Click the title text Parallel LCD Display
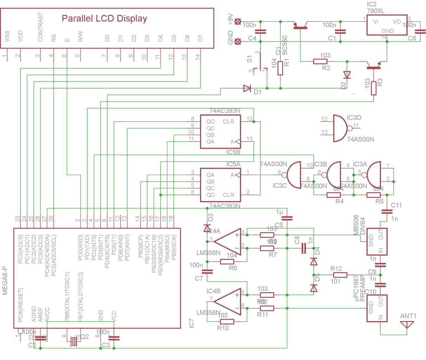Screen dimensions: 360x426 click(104, 19)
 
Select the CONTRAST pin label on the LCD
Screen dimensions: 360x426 click(40, 27)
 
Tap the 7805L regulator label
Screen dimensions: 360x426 click(376, 11)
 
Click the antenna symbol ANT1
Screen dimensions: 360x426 click(407, 324)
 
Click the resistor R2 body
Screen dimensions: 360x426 click(320, 62)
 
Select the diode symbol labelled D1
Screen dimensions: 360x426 click(247, 88)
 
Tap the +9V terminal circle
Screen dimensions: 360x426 click(238, 22)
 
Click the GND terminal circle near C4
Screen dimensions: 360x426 click(238, 42)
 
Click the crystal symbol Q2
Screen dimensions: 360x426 click(73, 341)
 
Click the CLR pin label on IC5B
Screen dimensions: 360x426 click(228, 122)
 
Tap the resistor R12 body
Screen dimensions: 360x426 click(338, 275)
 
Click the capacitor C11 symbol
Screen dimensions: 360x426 click(387, 211)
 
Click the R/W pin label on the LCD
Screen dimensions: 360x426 click(80, 37)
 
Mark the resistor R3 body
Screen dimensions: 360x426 click(374, 88)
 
